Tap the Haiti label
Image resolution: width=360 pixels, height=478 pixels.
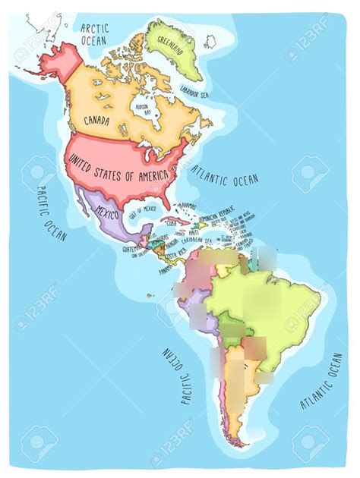193,231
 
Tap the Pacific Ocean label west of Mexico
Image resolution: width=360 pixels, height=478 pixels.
50,213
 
